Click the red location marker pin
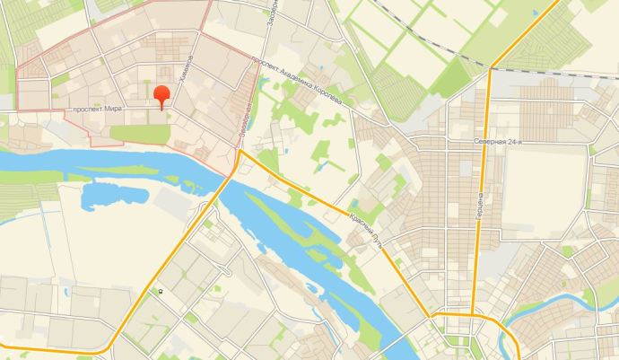161,95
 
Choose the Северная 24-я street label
497,142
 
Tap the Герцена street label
481,206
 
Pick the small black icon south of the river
161,291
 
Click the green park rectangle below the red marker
138,133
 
